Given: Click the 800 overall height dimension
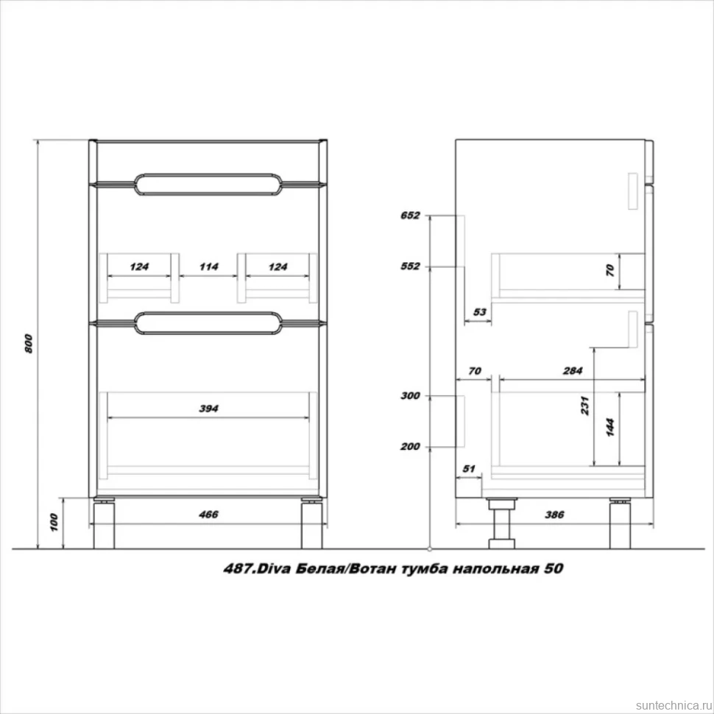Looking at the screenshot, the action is pos(29,344).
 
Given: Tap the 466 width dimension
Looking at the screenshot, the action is pos(208,514).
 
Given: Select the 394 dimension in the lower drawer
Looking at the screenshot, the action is pos(208,409).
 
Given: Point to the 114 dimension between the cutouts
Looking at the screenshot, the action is pos(208,266).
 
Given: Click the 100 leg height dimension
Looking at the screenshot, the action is pos(54,523).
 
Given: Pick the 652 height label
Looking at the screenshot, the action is pos(410,216).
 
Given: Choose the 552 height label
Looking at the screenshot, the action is pos(410,266).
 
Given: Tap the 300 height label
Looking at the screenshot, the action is pos(410,396).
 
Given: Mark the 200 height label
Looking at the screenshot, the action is pos(410,446).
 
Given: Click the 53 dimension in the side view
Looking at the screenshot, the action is pos(479,312).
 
